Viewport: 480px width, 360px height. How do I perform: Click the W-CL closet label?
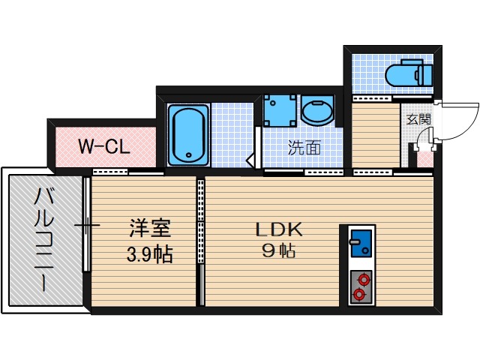pyautogui.click(x=105, y=145)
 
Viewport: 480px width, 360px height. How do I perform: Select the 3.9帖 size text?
pyautogui.click(x=149, y=254)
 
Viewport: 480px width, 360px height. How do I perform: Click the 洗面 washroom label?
pyautogui.click(x=304, y=148)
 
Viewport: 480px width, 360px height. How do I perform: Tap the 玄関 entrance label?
pyautogui.click(x=418, y=118)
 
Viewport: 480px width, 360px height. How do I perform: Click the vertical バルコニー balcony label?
pyautogui.click(x=42, y=240)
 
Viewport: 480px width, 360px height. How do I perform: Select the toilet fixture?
pyautogui.click(x=406, y=74)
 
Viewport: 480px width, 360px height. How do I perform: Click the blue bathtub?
pyautogui.click(x=187, y=135)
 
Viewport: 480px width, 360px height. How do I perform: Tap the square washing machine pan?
pyautogui.click(x=280, y=111)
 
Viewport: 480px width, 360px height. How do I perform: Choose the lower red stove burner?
pyautogui.click(x=361, y=294)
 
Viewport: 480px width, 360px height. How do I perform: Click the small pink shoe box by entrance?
pyautogui.click(x=425, y=157)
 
